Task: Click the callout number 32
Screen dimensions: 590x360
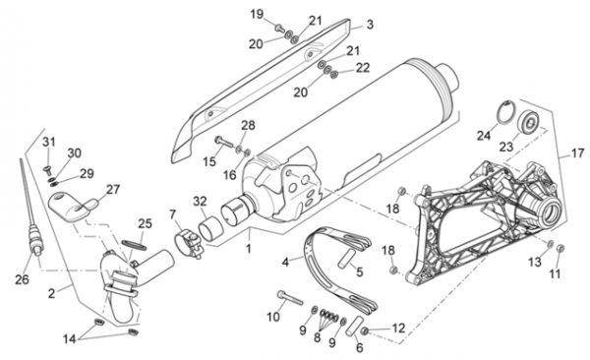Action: point(200,202)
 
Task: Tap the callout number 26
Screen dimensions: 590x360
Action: point(22,279)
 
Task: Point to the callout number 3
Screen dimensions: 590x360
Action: point(370,25)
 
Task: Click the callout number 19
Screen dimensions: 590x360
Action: point(257,15)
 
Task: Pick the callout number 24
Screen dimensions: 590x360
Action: point(484,135)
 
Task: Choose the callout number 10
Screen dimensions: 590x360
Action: point(273,317)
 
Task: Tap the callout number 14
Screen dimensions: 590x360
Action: point(69,339)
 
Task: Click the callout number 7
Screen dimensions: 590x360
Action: point(173,215)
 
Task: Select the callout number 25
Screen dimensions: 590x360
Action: point(145,223)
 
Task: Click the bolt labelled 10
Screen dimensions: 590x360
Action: point(290,297)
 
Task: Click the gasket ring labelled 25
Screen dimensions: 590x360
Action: point(134,244)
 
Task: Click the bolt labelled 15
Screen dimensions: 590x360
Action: point(223,143)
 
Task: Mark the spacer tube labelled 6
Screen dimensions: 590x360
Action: point(355,326)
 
